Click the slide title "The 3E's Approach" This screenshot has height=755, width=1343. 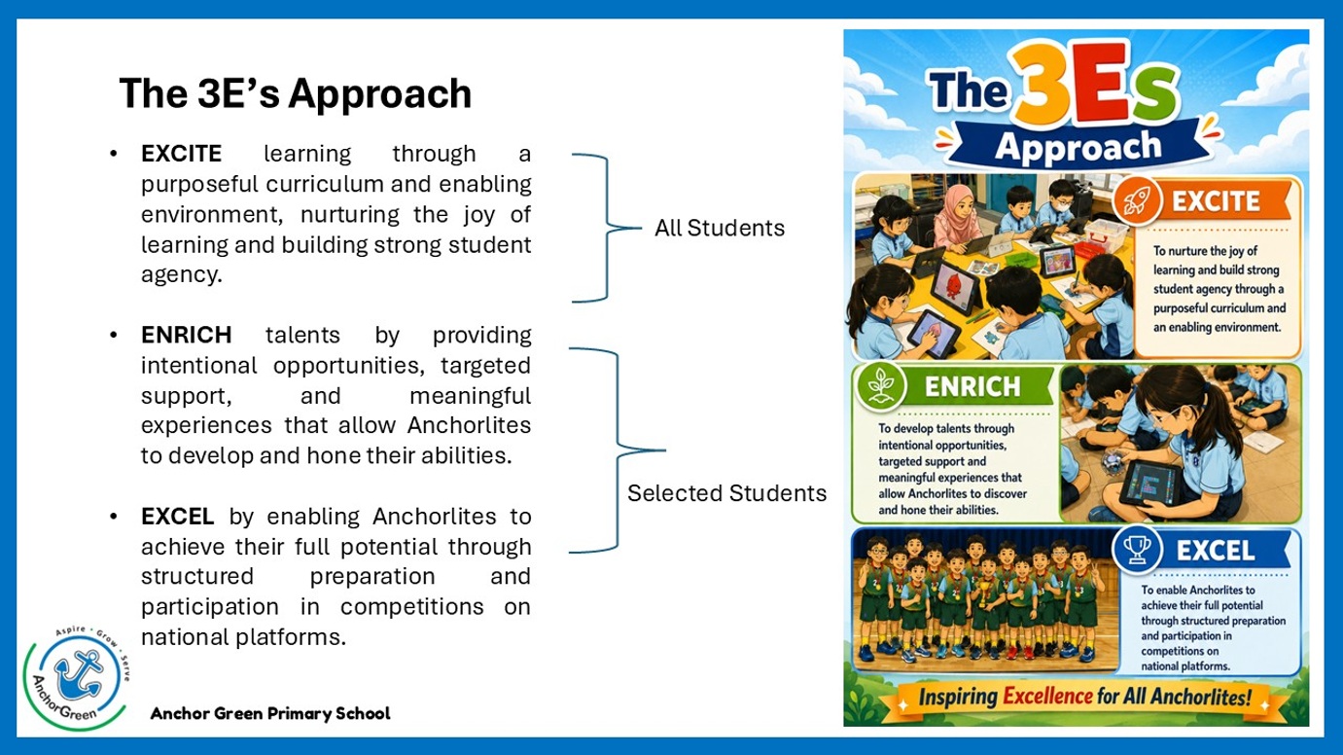tap(296, 93)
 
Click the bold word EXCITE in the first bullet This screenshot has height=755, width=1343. tap(181, 154)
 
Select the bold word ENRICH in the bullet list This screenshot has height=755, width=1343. tap(186, 335)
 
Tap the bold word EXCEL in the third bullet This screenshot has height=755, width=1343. tap(177, 517)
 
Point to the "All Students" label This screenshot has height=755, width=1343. tap(720, 228)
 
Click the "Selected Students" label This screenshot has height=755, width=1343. tap(726, 493)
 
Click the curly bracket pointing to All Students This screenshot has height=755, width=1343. tap(608, 228)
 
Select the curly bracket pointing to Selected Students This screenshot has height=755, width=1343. tap(618, 449)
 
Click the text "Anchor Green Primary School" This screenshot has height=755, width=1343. tap(269, 713)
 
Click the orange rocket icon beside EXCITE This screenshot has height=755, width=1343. tap(1136, 200)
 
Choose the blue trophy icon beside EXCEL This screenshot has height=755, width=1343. tap(1137, 549)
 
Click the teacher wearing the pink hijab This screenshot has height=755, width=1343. tap(960, 217)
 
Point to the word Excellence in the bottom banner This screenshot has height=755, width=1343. tap(1047, 697)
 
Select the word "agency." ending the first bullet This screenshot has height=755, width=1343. tap(182, 274)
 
